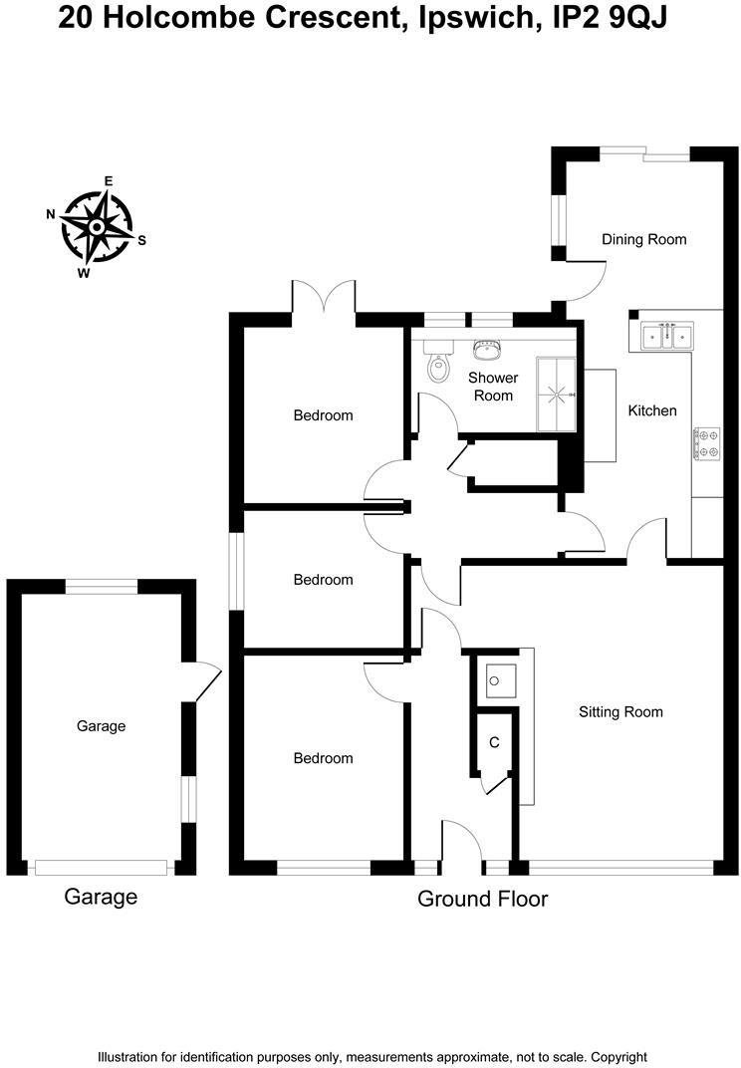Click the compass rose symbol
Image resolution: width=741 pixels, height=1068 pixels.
click(x=97, y=227)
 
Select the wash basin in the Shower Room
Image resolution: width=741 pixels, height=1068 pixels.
click(x=488, y=352)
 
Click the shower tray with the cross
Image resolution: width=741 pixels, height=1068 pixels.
click(x=557, y=394)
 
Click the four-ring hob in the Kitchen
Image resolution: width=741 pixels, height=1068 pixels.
click(x=707, y=444)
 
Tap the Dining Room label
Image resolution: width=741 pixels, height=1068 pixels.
click(x=644, y=239)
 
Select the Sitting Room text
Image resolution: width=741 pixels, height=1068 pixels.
click(x=620, y=712)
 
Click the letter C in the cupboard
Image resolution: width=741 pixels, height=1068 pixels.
click(x=494, y=743)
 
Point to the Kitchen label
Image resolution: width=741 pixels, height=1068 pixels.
click(x=652, y=410)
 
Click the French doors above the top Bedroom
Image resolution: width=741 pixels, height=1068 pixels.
click(x=324, y=299)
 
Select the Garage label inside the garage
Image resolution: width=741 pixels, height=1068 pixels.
click(x=102, y=726)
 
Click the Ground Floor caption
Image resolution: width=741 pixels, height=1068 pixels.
click(x=482, y=900)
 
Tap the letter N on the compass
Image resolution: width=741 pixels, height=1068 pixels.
click(x=50, y=214)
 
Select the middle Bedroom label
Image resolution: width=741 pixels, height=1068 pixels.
click(x=323, y=580)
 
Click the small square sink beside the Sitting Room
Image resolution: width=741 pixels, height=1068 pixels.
click(x=498, y=680)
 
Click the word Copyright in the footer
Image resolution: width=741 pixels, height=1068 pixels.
click(x=619, y=1057)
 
